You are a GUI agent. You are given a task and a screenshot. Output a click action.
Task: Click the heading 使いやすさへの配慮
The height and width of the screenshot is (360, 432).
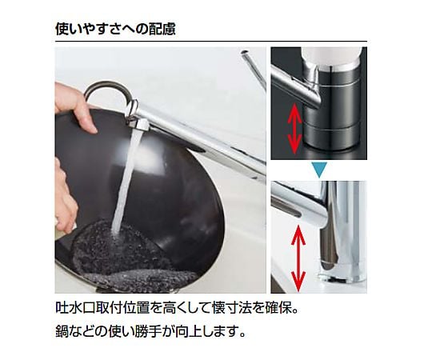click(x=115, y=29)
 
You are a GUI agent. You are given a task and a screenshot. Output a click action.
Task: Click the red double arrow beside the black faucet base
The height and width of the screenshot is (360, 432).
click(x=294, y=128)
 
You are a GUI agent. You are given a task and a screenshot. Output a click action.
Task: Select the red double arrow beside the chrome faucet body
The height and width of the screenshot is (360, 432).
click(x=298, y=258)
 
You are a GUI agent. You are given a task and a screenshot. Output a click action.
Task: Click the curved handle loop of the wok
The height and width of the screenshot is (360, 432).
click(x=107, y=91)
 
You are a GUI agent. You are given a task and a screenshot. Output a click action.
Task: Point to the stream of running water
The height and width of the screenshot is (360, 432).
click(x=126, y=182)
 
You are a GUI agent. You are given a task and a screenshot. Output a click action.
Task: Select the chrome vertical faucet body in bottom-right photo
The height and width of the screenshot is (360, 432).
click(x=342, y=231)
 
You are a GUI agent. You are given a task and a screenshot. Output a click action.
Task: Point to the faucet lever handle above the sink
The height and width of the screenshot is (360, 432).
click(x=253, y=70)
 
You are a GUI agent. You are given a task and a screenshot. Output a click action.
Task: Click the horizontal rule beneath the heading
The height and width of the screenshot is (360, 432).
click(x=211, y=42)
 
